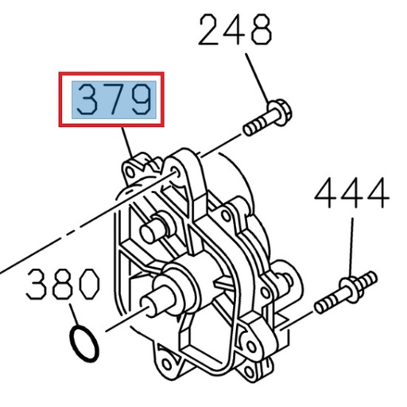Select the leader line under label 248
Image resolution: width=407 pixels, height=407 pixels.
254,76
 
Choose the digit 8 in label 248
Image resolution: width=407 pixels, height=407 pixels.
258,31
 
